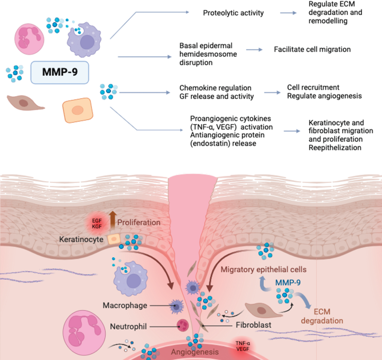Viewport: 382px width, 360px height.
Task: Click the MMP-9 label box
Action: [x=60, y=72]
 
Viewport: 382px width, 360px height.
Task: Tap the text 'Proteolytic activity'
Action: [x=233, y=13]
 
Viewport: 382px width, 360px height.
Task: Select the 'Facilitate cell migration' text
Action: [x=312, y=50]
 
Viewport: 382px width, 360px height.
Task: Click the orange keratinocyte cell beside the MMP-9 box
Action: [x=78, y=110]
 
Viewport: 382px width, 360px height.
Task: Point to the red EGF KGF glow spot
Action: [x=97, y=223]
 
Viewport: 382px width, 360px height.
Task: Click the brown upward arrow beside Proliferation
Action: [x=112, y=220]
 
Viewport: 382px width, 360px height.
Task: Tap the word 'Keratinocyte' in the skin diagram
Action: [x=81, y=239]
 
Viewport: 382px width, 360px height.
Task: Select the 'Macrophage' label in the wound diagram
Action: [x=125, y=306]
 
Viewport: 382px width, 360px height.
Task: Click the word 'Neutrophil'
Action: [x=128, y=326]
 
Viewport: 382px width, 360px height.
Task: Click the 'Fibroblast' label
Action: [x=253, y=325]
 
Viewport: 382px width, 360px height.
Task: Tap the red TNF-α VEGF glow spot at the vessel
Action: [x=243, y=346]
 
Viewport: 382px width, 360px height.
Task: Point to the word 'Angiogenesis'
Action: [x=195, y=352]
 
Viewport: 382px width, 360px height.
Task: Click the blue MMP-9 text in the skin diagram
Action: [x=288, y=283]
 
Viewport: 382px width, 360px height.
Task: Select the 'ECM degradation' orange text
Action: [x=322, y=316]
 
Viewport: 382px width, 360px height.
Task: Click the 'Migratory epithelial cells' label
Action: [x=264, y=269]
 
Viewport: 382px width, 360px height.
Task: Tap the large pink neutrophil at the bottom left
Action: [x=84, y=332]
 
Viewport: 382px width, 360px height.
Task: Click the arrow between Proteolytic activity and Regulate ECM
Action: [x=288, y=13]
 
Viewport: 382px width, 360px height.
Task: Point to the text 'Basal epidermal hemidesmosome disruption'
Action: [x=208, y=54]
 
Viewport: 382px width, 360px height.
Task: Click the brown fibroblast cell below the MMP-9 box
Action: [x=25, y=103]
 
